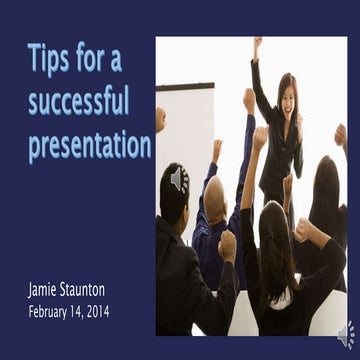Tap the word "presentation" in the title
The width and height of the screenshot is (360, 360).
click(x=89, y=146)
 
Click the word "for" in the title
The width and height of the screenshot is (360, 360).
click(x=97, y=60)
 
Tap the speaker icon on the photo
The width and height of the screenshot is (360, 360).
click(x=178, y=179)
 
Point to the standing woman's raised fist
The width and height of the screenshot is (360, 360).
click(x=257, y=44)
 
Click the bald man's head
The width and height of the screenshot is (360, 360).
click(x=215, y=190)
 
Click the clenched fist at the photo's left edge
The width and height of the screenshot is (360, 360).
click(x=160, y=119)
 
